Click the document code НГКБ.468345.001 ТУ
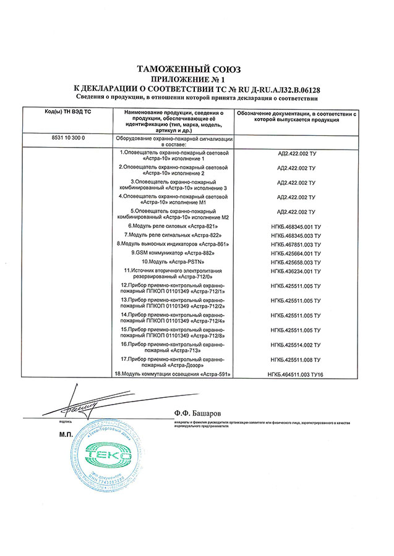[294, 227]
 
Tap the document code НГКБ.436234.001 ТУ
[294, 272]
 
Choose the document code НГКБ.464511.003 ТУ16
[294, 374]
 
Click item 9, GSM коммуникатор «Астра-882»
[175, 253]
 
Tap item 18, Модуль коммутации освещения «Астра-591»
[168, 374]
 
